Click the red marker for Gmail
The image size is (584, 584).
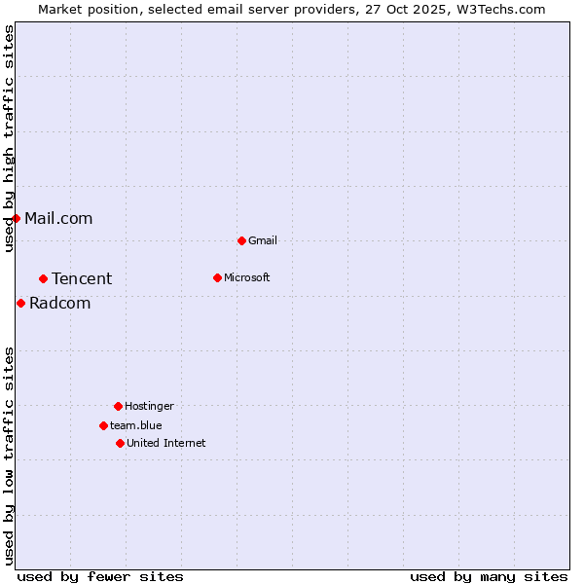(241, 240)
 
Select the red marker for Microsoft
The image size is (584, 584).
(217, 277)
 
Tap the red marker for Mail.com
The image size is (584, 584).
(16, 218)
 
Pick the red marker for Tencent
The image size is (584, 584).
(43, 278)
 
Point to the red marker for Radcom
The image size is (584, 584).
(20, 303)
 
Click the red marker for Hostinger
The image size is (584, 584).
(118, 406)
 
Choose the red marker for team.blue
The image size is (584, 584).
(103, 425)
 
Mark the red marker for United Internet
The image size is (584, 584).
(120, 443)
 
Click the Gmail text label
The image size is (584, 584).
(263, 240)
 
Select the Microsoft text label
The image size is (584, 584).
(247, 277)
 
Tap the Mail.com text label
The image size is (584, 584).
(58, 218)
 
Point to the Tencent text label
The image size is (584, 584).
(82, 278)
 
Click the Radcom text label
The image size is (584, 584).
(59, 303)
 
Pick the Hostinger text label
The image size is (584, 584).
(149, 406)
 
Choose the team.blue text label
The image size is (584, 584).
(136, 425)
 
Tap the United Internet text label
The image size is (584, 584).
(166, 443)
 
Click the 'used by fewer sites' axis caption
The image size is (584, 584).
(100, 576)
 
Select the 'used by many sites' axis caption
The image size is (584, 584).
(489, 576)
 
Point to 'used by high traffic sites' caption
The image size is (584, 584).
(9, 138)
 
